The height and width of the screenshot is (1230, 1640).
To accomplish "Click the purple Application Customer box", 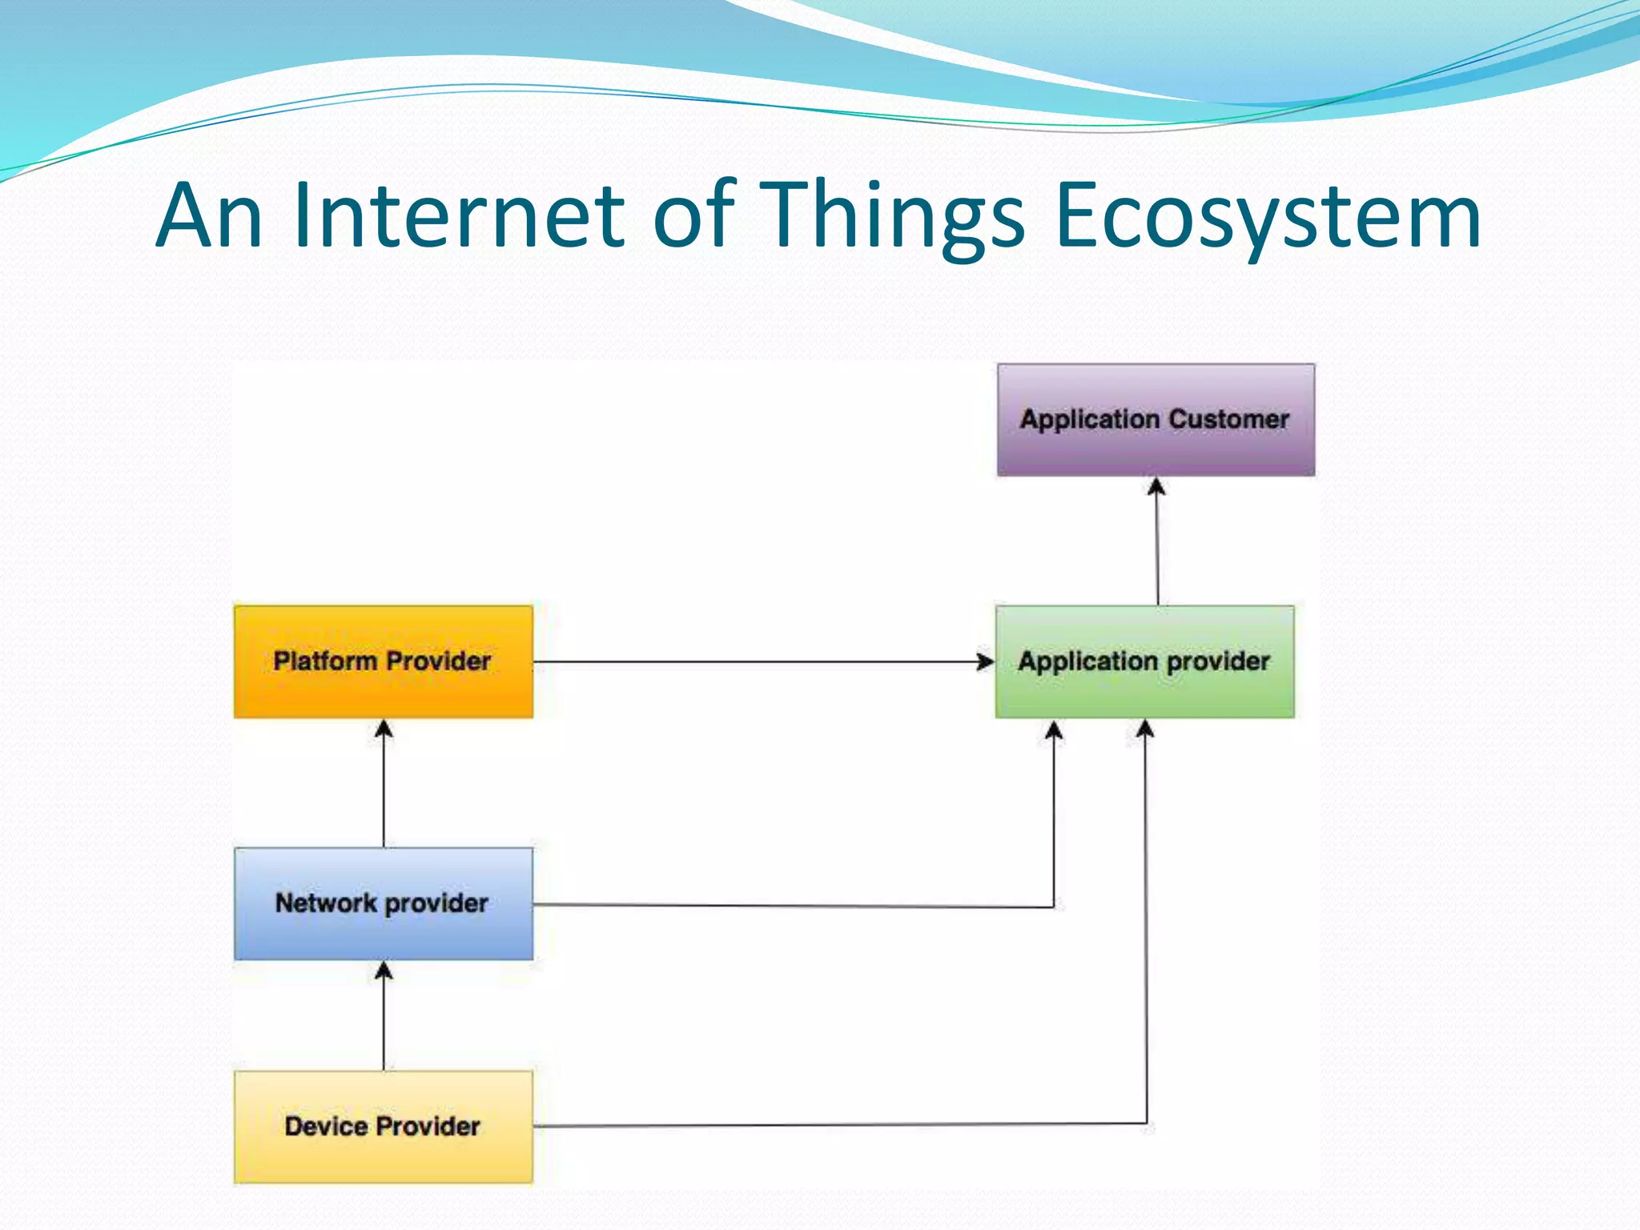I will pyautogui.click(x=1156, y=448).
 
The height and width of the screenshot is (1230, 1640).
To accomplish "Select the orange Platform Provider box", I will pyautogui.click(x=383, y=689).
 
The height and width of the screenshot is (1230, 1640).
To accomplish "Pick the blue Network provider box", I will pyautogui.click(x=383, y=933).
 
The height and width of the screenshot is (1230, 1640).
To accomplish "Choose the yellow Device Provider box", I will pyautogui.click(x=383, y=1153).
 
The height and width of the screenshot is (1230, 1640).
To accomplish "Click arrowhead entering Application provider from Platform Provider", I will pyautogui.click(x=986, y=662).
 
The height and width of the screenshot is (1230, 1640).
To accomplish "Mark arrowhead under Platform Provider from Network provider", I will pyautogui.click(x=384, y=729).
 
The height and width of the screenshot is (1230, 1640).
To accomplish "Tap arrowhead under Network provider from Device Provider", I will pyautogui.click(x=384, y=971).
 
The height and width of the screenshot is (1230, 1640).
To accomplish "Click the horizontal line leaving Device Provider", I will pyautogui.click(x=841, y=1125).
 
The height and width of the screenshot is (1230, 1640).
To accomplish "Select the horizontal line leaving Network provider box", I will pyautogui.click(x=793, y=906).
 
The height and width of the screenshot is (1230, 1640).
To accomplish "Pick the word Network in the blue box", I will pyautogui.click(x=326, y=902).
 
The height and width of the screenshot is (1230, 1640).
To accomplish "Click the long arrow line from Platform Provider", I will pyautogui.click(x=761, y=662).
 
